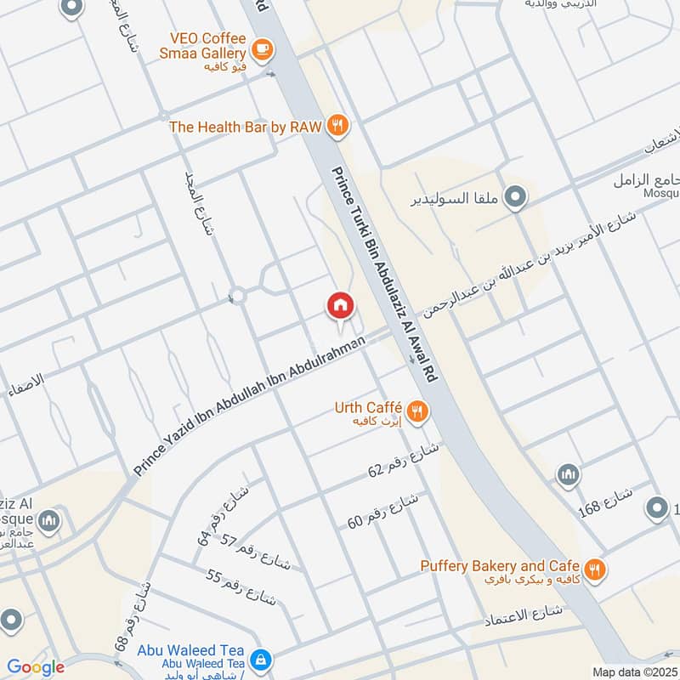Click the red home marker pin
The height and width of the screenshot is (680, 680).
(x=340, y=306)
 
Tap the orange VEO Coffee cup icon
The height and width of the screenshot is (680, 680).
(x=262, y=48)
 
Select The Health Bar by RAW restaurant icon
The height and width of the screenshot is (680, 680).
(x=337, y=127)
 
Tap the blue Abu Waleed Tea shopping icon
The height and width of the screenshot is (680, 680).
(x=261, y=660)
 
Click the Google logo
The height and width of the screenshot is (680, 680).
(x=36, y=667)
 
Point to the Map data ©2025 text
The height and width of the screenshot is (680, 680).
(x=633, y=672)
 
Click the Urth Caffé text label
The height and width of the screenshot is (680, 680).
(x=368, y=409)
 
